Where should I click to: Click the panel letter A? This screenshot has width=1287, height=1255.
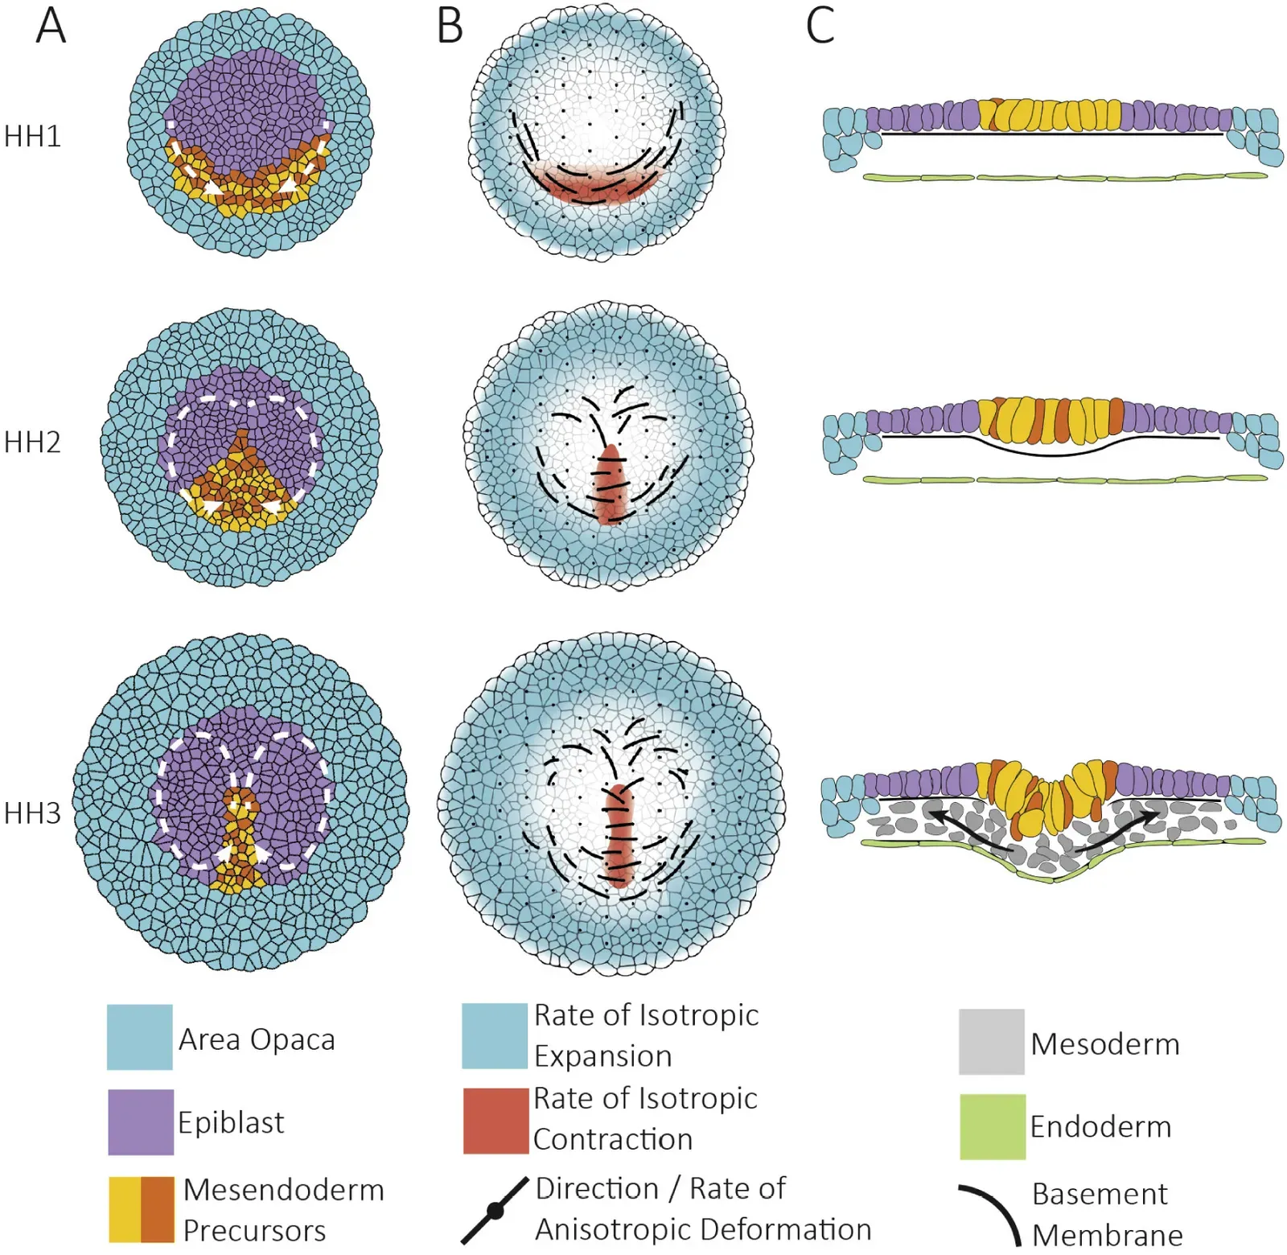click(51, 26)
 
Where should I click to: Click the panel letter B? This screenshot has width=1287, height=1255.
click(450, 26)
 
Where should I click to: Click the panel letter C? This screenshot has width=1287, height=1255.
click(820, 26)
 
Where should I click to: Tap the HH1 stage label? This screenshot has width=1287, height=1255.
click(32, 137)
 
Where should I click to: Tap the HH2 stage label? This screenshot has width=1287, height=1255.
click(32, 442)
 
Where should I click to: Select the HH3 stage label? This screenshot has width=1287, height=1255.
click(32, 813)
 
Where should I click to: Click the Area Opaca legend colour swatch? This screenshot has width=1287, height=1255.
click(139, 1037)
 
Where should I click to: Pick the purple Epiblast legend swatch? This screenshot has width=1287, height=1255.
click(140, 1121)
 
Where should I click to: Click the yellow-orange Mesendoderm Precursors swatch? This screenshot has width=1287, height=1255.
click(141, 1209)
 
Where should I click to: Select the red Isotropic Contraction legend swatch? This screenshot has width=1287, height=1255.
click(495, 1121)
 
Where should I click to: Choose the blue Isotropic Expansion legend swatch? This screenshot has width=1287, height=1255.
click(495, 1035)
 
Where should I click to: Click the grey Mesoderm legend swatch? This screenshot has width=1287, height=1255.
click(991, 1042)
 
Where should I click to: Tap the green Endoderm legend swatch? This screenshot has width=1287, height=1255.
click(992, 1126)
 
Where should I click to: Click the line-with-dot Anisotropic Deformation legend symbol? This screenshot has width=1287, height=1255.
click(495, 1209)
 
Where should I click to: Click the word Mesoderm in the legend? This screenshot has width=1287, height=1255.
click(1104, 1044)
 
